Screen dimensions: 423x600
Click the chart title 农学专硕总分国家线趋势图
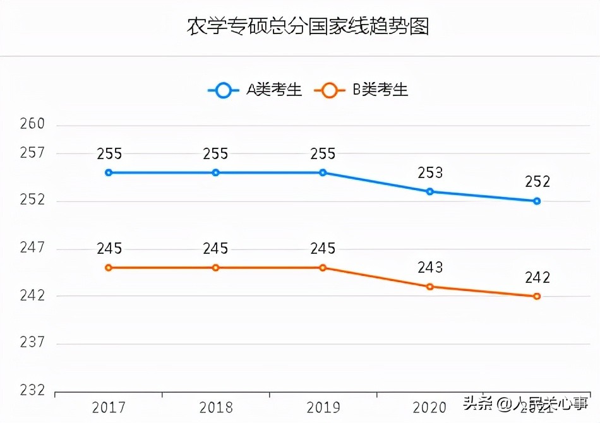pyautogui.click(x=308, y=27)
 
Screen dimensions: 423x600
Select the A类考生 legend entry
pyautogui.click(x=255, y=90)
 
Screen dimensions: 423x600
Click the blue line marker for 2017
pyautogui.click(x=109, y=172)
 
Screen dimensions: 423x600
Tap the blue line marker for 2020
pyautogui.click(x=430, y=191)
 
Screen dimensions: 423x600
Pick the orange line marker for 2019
pyautogui.click(x=323, y=268)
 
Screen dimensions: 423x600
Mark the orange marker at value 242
pyautogui.click(x=537, y=296)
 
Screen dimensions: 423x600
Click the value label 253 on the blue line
pyautogui.click(x=430, y=173)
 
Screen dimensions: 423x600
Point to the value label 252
pyautogui.click(x=537, y=182)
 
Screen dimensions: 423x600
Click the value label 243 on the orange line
pyautogui.click(x=430, y=268)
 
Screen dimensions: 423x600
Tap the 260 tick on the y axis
pyautogui.click(x=33, y=124)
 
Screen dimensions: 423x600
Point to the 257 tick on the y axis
pyautogui.click(x=33, y=153)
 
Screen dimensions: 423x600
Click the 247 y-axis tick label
pyautogui.click(x=33, y=248)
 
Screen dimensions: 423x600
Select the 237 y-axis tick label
pyautogui.click(x=33, y=343)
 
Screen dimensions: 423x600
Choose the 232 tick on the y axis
pyautogui.click(x=33, y=391)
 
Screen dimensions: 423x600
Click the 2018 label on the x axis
pyautogui.click(x=215, y=407)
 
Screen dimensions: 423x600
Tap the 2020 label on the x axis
pyautogui.click(x=430, y=407)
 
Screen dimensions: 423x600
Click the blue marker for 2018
pyautogui.click(x=215, y=172)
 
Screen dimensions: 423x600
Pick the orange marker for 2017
pyautogui.click(x=109, y=268)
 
